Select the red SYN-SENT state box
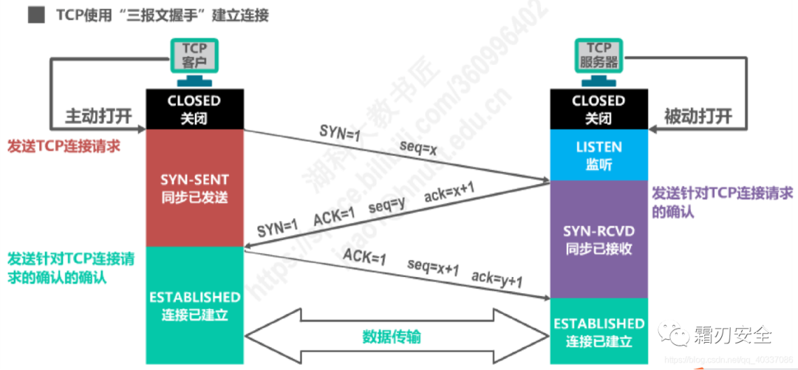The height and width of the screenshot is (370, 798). tap(194, 188)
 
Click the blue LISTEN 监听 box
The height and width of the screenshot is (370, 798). tap(598, 155)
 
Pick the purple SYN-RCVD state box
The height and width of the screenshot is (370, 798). tap(598, 239)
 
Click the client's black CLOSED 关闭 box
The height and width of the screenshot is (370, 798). tap(194, 109)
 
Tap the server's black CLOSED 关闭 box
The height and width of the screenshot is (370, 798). tap(598, 109)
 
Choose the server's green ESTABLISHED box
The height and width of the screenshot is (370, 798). tap(598, 332)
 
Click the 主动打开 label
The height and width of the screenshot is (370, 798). tap(98, 116)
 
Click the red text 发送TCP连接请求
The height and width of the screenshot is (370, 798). tap(64, 146)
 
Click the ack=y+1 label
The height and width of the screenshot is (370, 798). tap(497, 278)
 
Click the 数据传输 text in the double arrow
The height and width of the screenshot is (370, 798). tap(392, 336)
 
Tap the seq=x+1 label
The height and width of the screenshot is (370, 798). tap(433, 266)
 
